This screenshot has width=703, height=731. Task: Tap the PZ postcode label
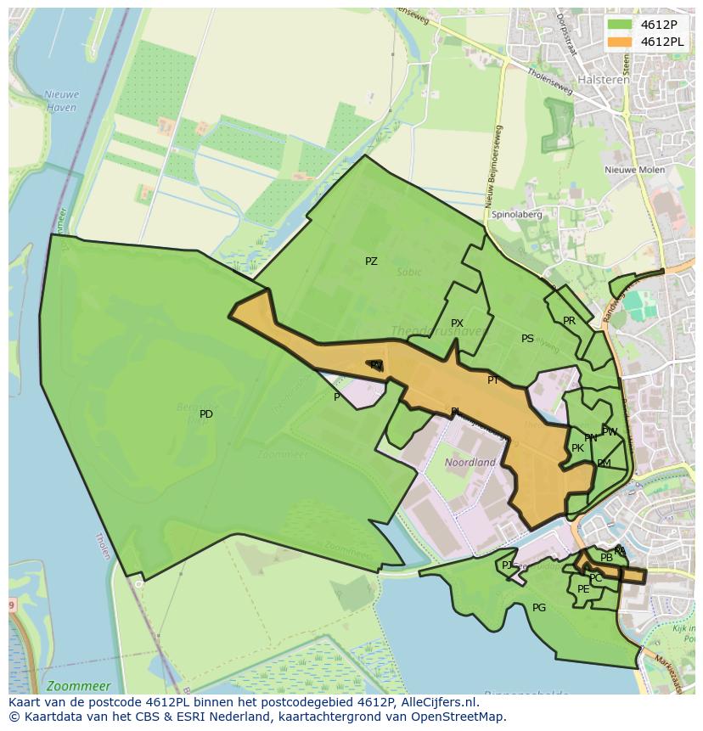coord(371,261)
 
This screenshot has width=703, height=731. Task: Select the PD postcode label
coord(206,414)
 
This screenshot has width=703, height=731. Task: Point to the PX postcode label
coord(457,323)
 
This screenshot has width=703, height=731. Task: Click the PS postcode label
coord(527,339)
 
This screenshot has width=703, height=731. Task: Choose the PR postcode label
coord(569,321)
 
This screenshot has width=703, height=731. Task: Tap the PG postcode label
coord(539,608)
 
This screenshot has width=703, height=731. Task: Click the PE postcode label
coord(583,589)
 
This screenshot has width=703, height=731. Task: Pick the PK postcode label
coord(577,448)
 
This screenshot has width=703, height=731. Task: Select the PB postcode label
coord(606,558)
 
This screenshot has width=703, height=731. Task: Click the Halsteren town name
coord(604,80)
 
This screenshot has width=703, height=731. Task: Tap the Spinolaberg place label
coord(517,215)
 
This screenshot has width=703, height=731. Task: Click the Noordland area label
coord(470,463)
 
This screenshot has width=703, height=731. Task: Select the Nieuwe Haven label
coord(61,102)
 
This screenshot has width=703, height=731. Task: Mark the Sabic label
coord(408,273)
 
